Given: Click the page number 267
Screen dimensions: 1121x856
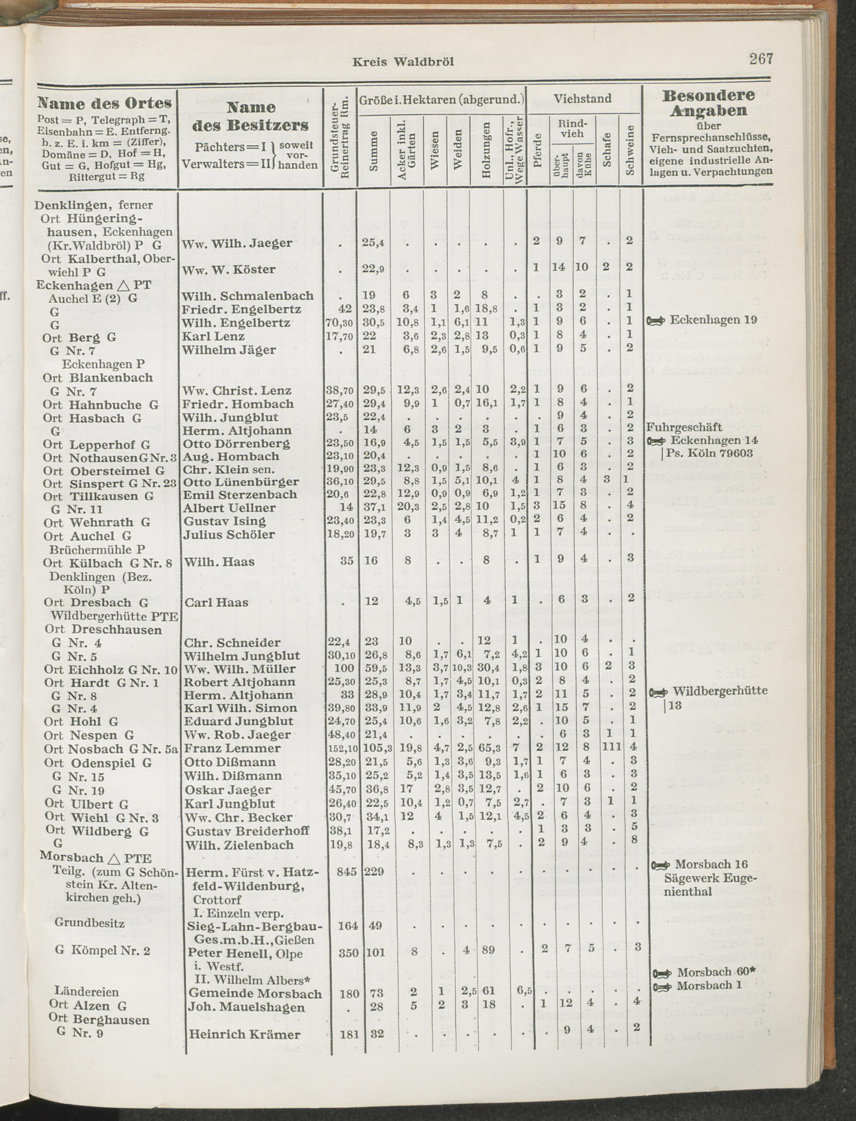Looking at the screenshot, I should point(761,59).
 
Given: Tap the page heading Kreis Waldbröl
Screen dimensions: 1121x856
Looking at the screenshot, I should point(402,62).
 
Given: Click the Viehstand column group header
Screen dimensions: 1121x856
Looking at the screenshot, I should point(583,99).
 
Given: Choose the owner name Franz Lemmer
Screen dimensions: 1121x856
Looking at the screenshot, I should point(232,749).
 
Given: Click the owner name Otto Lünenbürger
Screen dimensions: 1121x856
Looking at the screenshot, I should point(241,482).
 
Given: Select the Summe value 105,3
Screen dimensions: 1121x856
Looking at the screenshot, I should point(375,749).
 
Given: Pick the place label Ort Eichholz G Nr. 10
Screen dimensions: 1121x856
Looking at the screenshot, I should point(110,669).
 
